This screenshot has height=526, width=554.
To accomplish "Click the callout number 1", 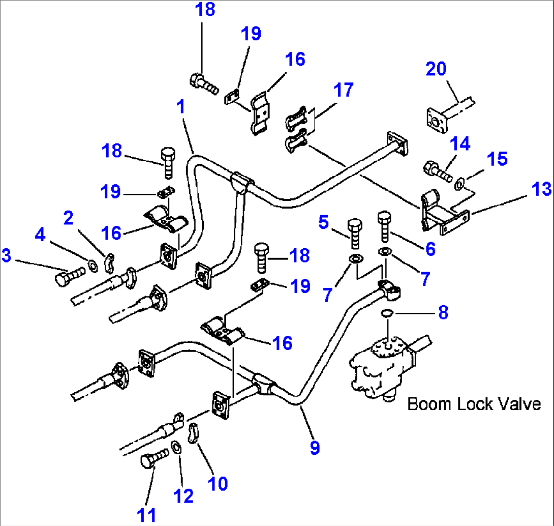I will [180, 107].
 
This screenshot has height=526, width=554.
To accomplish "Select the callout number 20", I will [436, 68].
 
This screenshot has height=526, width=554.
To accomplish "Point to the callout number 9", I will [315, 448].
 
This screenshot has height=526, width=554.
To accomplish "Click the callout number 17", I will [344, 90].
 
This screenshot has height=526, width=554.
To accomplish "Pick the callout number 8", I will [443, 312].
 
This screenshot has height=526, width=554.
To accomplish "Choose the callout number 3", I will [6, 256].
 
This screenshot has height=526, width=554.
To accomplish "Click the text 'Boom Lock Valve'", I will [474, 404].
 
